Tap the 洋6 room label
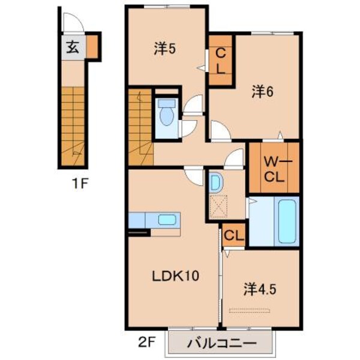[x=262, y=91]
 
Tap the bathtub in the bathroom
[x=286, y=220]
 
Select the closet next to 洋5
[x=219, y=61]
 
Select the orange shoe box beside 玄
[x=94, y=47]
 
